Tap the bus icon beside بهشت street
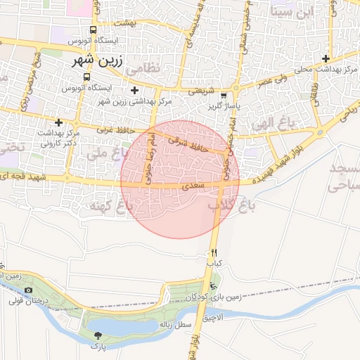click(93, 31)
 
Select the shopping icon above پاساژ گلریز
click(224, 95)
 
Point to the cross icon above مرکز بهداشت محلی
click(325, 58)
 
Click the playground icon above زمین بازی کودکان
click(212, 285)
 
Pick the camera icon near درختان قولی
click(28, 290)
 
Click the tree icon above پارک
click(96, 335)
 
